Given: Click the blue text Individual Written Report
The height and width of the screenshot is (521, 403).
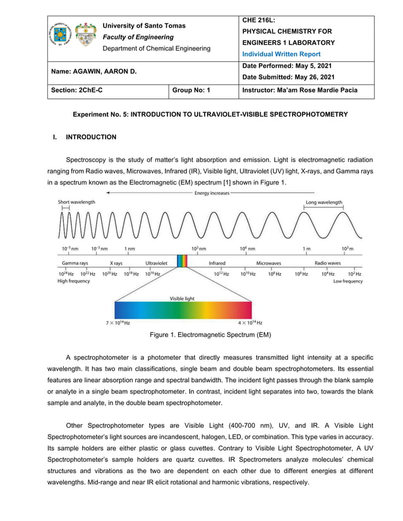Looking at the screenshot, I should pos(282,54).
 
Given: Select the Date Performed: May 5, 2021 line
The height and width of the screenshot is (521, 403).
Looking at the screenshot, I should pos(287,66).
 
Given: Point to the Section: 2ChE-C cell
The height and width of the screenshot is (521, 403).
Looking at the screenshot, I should pos(77,90).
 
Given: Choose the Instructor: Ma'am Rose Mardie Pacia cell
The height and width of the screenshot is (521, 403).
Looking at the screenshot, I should pos(299,90).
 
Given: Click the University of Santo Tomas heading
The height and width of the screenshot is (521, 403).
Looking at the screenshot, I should pos(144,26).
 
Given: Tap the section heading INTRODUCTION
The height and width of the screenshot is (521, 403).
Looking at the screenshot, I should pos(92,137).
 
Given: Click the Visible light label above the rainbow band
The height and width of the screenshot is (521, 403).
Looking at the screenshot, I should pos(181,298).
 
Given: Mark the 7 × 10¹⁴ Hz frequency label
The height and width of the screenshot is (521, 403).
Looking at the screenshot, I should pos(117,323).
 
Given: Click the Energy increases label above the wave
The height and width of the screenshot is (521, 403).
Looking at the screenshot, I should pos(212,193).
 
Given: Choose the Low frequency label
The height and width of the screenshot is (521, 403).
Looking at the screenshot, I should pos(348,281).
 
